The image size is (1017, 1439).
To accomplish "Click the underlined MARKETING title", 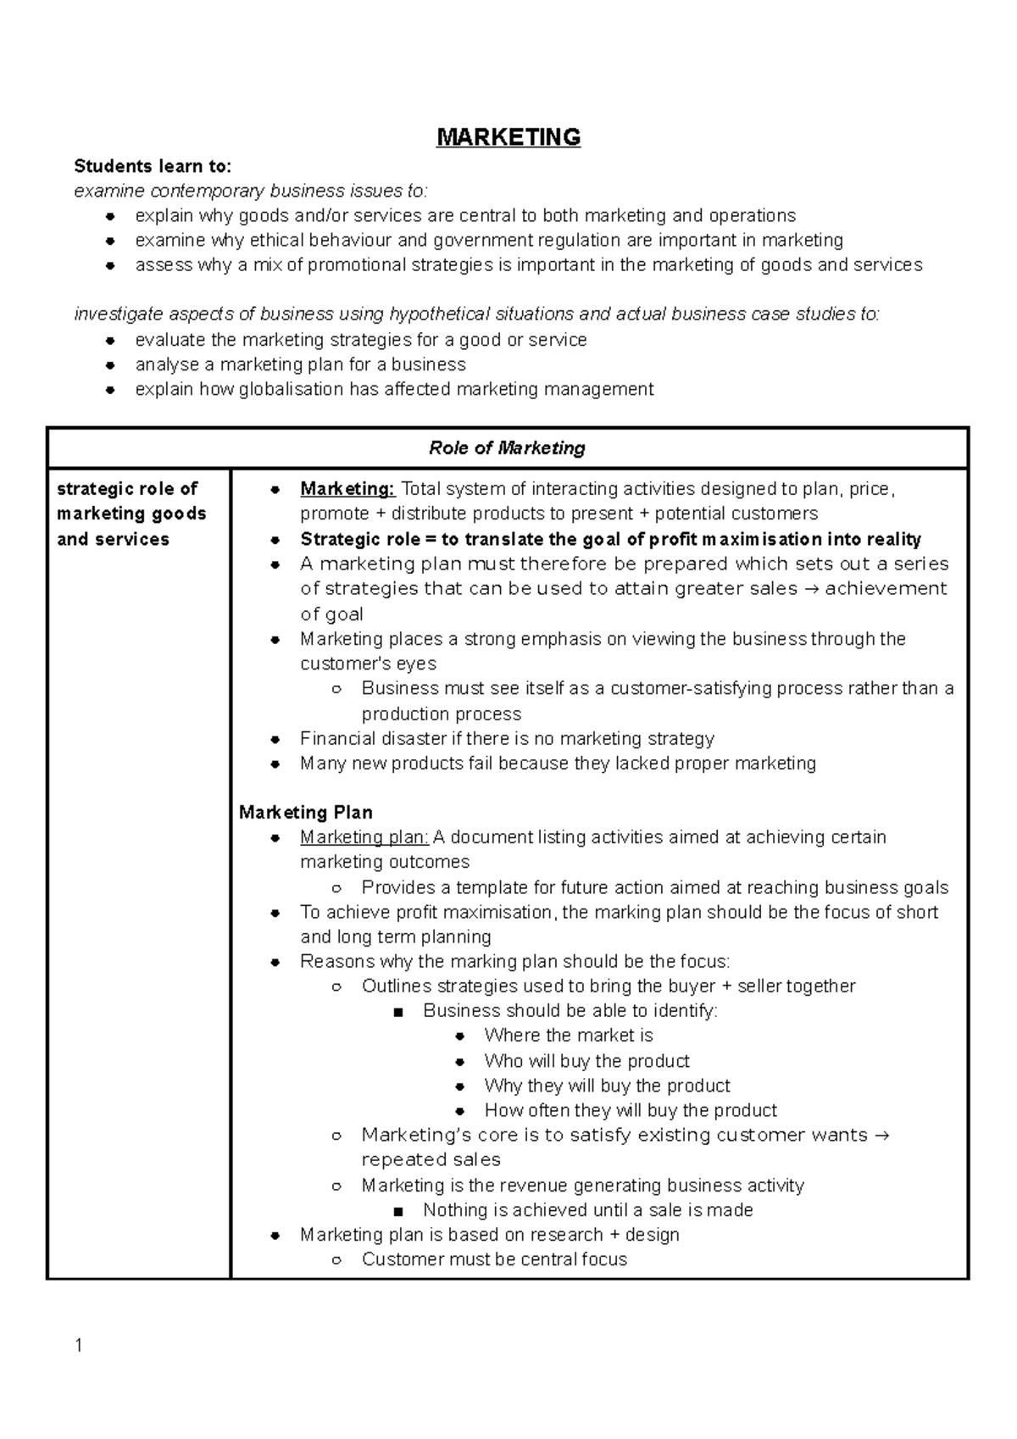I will tap(508, 137).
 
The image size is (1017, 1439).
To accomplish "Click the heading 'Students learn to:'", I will tap(153, 165).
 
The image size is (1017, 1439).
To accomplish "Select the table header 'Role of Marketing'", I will tap(507, 447).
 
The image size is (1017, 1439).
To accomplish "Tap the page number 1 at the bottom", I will tap(79, 1345).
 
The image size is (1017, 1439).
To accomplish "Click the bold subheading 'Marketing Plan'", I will tap(305, 813).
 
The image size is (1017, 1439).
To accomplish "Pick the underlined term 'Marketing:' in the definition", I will tap(347, 489).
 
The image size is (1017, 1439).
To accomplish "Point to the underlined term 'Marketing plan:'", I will tap(364, 837).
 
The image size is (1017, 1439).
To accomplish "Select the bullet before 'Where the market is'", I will tap(459, 1036).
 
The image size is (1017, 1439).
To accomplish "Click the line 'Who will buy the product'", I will tap(586, 1061).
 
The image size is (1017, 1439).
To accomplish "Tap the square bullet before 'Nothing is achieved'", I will tap(398, 1211).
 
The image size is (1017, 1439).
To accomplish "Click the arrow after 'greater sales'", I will tap(810, 589).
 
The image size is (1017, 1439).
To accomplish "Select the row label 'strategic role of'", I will tap(126, 489).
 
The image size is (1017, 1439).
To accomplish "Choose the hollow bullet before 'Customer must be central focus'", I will tap(336, 1260).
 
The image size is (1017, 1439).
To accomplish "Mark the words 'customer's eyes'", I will tap(368, 664).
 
